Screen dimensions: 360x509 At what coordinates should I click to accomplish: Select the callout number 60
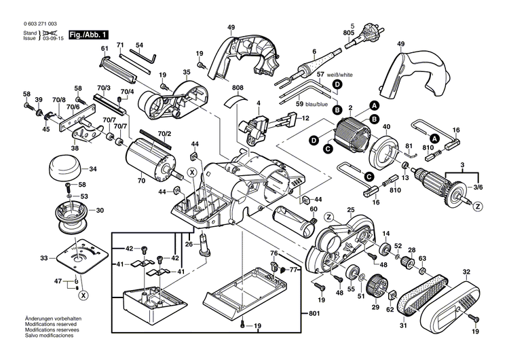tap(314, 209)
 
